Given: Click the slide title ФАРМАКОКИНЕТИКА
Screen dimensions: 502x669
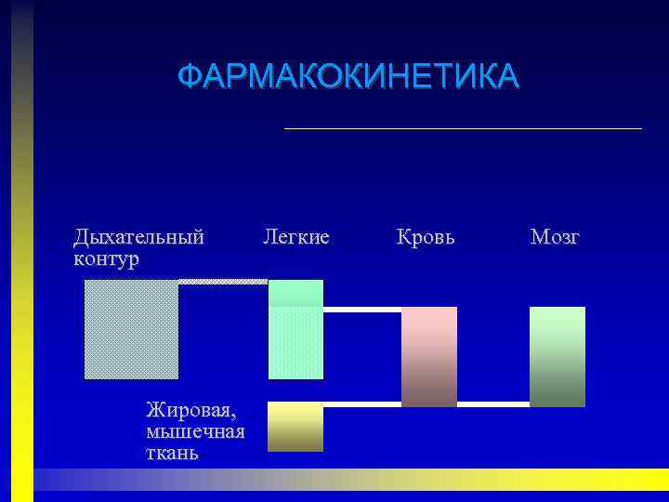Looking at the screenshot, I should coord(348,76).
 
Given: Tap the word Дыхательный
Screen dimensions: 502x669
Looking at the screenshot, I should coord(138,237).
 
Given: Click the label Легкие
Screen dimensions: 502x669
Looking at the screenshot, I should coord(295,237).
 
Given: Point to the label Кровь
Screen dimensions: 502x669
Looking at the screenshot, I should coord(426,237).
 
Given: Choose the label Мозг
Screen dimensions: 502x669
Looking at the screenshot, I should coord(555,237).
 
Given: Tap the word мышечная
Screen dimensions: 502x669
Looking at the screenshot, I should coord(195,431).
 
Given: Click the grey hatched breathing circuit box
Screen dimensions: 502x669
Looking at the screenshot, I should coord(131,329).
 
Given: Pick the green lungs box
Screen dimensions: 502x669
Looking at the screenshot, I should coord(295,329).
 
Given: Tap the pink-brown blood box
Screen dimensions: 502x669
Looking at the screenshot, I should coord(429,356).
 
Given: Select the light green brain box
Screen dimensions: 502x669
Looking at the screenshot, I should coord(557,356).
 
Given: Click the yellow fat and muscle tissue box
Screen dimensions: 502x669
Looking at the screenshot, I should coord(295,427).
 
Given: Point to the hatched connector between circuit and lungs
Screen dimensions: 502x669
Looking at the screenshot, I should coord(223,281).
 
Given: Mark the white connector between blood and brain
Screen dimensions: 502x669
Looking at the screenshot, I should coord(493,404).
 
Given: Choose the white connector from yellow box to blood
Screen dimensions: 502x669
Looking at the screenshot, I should coord(362,404).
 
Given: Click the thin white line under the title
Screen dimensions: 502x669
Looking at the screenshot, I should coord(463,128).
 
